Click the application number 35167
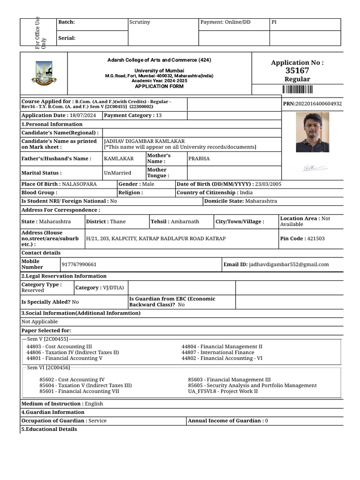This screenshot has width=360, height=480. (x=297, y=70)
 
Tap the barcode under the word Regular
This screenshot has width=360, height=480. (x=297, y=90)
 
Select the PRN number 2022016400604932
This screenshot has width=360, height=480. (x=318, y=104)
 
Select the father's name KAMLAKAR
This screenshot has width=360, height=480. (x=119, y=158)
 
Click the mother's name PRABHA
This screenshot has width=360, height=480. (x=199, y=158)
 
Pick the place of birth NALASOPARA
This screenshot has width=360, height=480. (x=79, y=184)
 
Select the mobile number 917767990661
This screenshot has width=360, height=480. (x=79, y=264)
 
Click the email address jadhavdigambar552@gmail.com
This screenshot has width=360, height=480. (x=289, y=264)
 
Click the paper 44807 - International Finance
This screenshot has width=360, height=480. (x=218, y=352)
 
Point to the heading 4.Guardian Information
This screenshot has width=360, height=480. (x=53, y=412)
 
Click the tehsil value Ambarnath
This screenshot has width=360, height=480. (x=185, y=221)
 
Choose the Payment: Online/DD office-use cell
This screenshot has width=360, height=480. (x=225, y=22)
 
